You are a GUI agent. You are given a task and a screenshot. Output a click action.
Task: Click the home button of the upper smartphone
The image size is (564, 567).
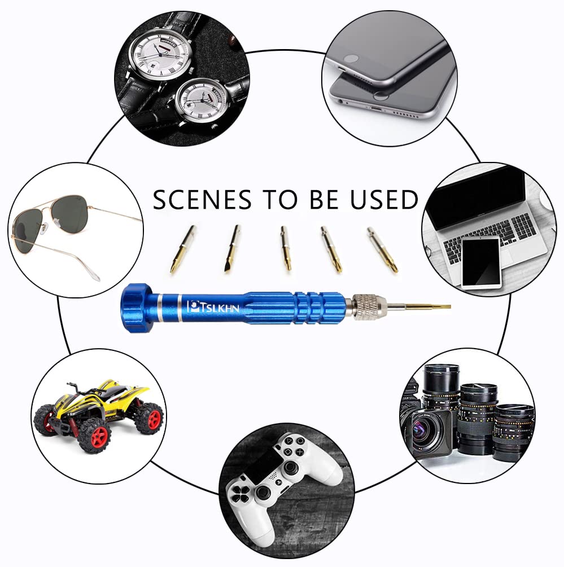point(352,58)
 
